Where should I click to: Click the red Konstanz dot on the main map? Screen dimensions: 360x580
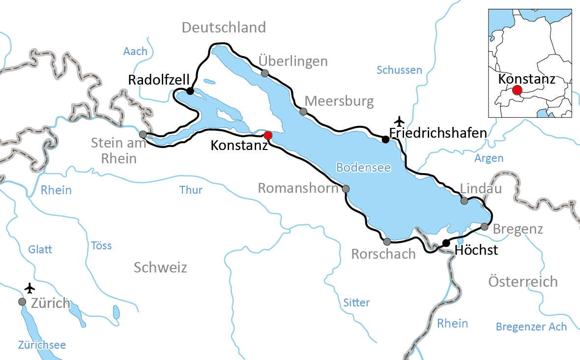tap(267, 135)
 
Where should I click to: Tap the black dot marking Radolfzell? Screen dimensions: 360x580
tap(190, 91)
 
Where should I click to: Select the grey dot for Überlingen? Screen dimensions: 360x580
tap(265, 73)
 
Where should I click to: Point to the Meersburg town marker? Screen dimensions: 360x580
tap(303, 112)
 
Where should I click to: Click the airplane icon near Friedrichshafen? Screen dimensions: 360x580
tap(399, 120)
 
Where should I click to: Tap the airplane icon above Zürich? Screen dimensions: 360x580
tap(30, 288)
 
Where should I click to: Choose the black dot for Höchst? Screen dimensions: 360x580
tap(446, 243)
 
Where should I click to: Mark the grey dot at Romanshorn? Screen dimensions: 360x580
tap(346, 188)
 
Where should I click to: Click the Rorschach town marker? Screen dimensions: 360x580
tap(387, 241)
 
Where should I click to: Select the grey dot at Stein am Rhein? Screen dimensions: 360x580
tap(143, 134)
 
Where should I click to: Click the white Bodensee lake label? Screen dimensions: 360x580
tap(363, 168)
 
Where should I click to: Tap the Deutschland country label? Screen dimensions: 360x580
tap(224, 27)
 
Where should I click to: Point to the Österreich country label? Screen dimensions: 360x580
tap(522, 282)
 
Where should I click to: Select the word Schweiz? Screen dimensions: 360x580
tap(160, 268)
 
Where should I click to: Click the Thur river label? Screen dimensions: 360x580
tap(191, 190)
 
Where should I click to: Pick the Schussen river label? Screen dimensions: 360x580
tap(399, 70)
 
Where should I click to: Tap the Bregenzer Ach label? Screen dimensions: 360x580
tap(531, 327)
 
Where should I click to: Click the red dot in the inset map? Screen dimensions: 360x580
tap(517, 90)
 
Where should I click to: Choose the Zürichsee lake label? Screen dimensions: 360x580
tap(42, 345)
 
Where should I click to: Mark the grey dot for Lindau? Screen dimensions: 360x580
tap(464, 201)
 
